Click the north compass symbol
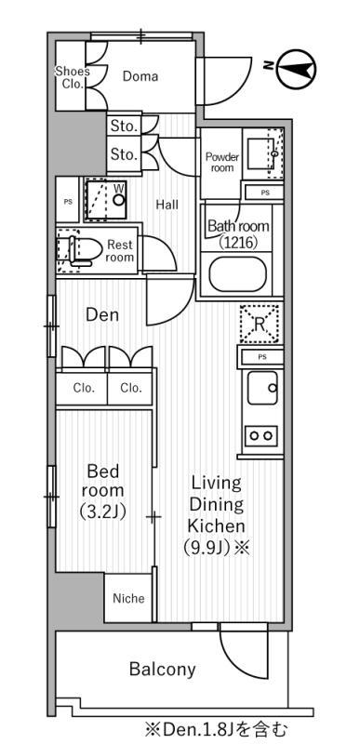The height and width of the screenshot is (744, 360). click(x=296, y=70)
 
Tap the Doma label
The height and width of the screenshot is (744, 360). click(x=140, y=76)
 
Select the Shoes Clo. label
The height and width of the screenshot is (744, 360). click(x=72, y=78)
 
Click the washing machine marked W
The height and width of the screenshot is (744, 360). click(x=106, y=199)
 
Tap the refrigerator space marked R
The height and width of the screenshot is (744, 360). click(x=259, y=324)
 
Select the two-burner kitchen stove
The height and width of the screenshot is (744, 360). click(x=260, y=435)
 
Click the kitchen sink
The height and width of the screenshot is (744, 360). click(x=262, y=387)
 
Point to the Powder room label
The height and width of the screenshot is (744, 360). click(x=222, y=162)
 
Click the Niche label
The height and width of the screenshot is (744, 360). click(x=128, y=598)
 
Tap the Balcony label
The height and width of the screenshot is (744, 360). click(x=162, y=669)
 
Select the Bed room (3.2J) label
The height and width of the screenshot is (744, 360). click(x=102, y=491)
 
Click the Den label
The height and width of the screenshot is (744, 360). click(x=102, y=314)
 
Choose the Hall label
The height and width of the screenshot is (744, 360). click(x=167, y=205)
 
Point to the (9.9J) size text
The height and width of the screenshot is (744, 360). click(x=207, y=548)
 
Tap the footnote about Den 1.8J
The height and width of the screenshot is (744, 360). click(x=217, y=728)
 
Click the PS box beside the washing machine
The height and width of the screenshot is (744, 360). click(x=67, y=200)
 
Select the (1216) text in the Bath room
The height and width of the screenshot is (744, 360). click(x=238, y=243)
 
